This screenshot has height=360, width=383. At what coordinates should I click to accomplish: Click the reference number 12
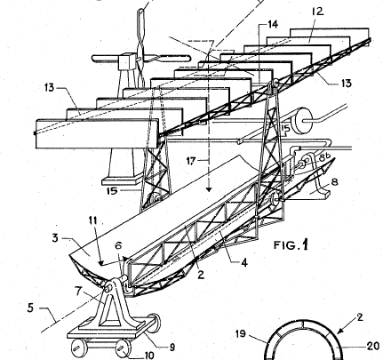316,12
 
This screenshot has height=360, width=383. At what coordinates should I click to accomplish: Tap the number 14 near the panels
273,24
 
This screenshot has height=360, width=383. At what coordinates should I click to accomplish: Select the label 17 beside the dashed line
191,161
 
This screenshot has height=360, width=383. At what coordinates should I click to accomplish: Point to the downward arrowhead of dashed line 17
209,188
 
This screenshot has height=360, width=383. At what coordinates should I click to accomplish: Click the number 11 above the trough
92,220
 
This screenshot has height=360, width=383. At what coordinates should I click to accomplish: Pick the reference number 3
55,238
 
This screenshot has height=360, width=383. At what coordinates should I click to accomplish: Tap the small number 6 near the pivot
118,245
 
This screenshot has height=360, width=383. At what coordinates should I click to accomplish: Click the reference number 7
78,292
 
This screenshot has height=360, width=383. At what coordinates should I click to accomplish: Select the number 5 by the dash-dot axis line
31,308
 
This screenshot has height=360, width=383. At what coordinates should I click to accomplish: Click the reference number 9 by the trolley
172,348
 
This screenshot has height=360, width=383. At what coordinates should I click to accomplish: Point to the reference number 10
148,355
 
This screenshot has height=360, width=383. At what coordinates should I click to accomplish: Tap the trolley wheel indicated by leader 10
123,348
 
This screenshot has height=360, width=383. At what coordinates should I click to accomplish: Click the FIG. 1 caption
291,245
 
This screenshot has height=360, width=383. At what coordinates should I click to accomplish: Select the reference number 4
243,262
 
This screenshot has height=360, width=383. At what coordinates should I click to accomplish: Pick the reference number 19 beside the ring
241,334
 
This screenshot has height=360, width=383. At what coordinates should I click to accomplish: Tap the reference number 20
373,346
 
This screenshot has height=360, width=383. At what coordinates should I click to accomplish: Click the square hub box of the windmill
127,61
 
